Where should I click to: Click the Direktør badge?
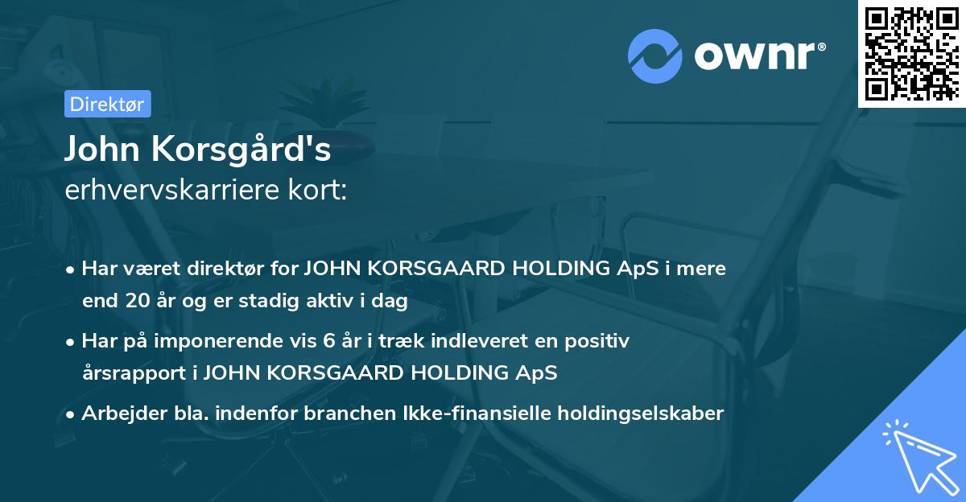click(x=107, y=104)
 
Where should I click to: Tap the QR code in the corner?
click(x=911, y=54)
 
